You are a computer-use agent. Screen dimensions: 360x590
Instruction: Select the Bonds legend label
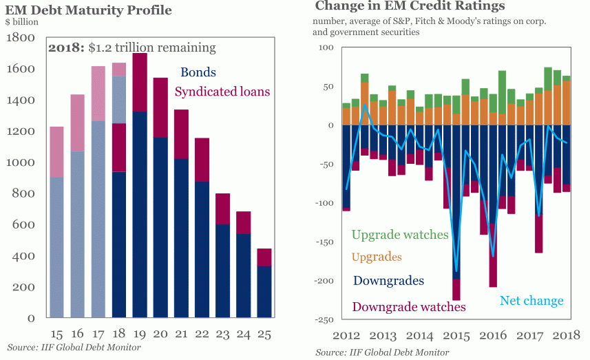pyautogui.click(x=198, y=72)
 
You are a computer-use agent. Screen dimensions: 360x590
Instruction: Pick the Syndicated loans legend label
pyautogui.click(x=222, y=92)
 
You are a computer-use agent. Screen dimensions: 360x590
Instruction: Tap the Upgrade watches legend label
pyautogui.click(x=399, y=235)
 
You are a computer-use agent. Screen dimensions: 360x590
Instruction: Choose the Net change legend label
pyautogui.click(x=531, y=301)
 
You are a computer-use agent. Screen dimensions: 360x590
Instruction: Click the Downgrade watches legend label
pyautogui.click(x=408, y=306)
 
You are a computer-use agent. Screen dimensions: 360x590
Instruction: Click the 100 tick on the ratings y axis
pyautogui.click(x=326, y=48)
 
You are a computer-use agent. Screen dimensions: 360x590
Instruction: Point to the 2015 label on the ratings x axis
pyautogui.click(x=454, y=336)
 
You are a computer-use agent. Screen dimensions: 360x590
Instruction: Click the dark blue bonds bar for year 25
pyautogui.click(x=264, y=292)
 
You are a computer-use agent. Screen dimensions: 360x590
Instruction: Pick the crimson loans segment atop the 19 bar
pyautogui.click(x=139, y=82)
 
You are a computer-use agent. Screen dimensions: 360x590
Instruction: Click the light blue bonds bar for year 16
pyautogui.click(x=77, y=234)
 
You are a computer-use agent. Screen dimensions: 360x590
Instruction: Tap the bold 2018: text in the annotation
pyautogui.click(x=66, y=48)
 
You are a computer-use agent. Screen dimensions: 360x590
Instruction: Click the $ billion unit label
pyautogui.click(x=22, y=23)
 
